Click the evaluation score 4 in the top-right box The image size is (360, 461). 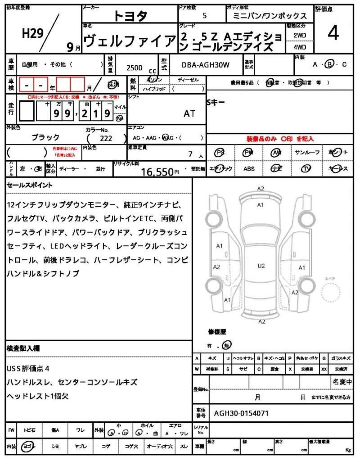coord(333,34)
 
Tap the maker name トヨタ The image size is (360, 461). coord(130,16)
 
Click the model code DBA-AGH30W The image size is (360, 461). coord(205,65)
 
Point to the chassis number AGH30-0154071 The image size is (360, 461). coord(241,412)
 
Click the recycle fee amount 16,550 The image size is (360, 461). coord(157,172)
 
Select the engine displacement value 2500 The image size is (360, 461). coord(135,68)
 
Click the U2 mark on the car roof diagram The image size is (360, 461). coord(261,266)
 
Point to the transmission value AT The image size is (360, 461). coord(189,113)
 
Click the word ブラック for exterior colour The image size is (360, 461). coord(45,137)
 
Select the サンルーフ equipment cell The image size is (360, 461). coord(307,153)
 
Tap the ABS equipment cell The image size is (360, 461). coord(249,169)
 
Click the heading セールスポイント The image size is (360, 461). coord(30,185)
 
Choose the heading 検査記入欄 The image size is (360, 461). coord(23,348)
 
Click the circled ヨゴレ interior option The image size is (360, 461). coord(29,446)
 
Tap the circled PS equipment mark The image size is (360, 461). coord(220,153)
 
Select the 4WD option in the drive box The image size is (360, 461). coord(300,46)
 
